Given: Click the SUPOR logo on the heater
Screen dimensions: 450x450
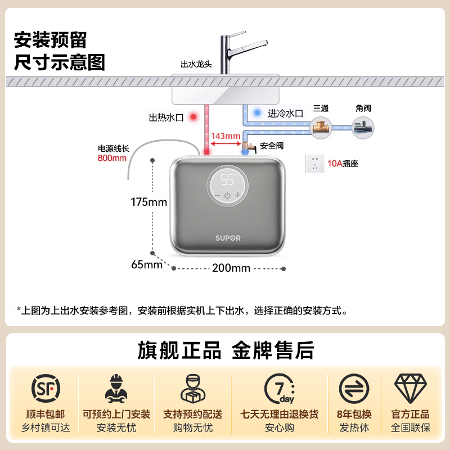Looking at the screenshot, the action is click(x=227, y=238).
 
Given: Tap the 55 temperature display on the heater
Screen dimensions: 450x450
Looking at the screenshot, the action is click(x=227, y=180).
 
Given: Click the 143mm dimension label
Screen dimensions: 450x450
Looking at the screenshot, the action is click(x=226, y=136).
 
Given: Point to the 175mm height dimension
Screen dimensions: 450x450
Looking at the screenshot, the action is click(x=149, y=202).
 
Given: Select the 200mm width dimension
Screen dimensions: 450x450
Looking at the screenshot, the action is click(x=231, y=268).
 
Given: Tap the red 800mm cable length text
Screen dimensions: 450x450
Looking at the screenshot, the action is click(x=112, y=157).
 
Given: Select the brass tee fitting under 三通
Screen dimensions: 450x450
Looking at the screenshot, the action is click(x=321, y=127).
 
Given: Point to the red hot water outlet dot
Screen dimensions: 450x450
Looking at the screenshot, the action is click(x=194, y=117).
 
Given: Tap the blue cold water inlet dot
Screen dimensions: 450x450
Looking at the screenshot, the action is click(x=257, y=112).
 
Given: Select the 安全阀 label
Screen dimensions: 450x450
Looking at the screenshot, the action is click(x=272, y=146).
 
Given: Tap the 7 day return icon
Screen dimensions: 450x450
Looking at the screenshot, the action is click(x=280, y=389).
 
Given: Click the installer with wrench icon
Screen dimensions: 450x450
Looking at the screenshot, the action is click(x=116, y=389).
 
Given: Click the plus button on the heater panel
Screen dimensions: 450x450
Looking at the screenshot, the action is click(x=238, y=195).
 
